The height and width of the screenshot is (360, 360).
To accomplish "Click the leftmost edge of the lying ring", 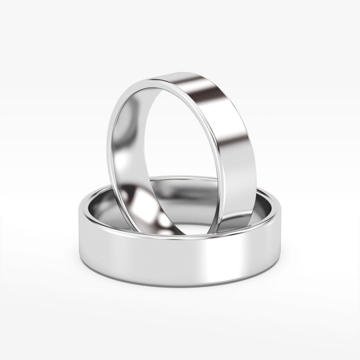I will pyautogui.click(x=77, y=216).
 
